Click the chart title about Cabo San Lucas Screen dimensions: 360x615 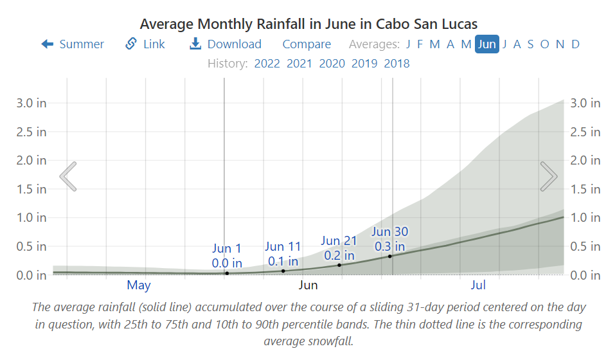click(308, 24)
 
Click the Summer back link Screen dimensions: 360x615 click(73, 44)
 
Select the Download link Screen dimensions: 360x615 click(226, 44)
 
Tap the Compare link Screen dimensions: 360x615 click(307, 44)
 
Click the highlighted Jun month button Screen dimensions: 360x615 click(487, 44)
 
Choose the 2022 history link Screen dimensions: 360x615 click(267, 63)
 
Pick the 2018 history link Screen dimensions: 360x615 click(397, 63)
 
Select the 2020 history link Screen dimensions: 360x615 click(332, 63)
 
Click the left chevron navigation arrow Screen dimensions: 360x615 click(68, 176)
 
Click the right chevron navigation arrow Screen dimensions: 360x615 click(548, 176)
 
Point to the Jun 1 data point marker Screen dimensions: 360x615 click(227, 273)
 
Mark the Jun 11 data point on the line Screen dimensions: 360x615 click(283, 271)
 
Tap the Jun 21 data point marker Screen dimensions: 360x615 click(339, 265)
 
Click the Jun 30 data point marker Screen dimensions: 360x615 click(390, 256)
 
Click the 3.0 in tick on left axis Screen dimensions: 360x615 click(31, 103)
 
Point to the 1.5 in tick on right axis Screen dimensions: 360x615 click(585, 189)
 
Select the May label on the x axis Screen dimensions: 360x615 click(139, 285)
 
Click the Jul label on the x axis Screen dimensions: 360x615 click(478, 285)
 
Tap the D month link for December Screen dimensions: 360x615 click(575, 44)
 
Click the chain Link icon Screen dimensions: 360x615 click(131, 44)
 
